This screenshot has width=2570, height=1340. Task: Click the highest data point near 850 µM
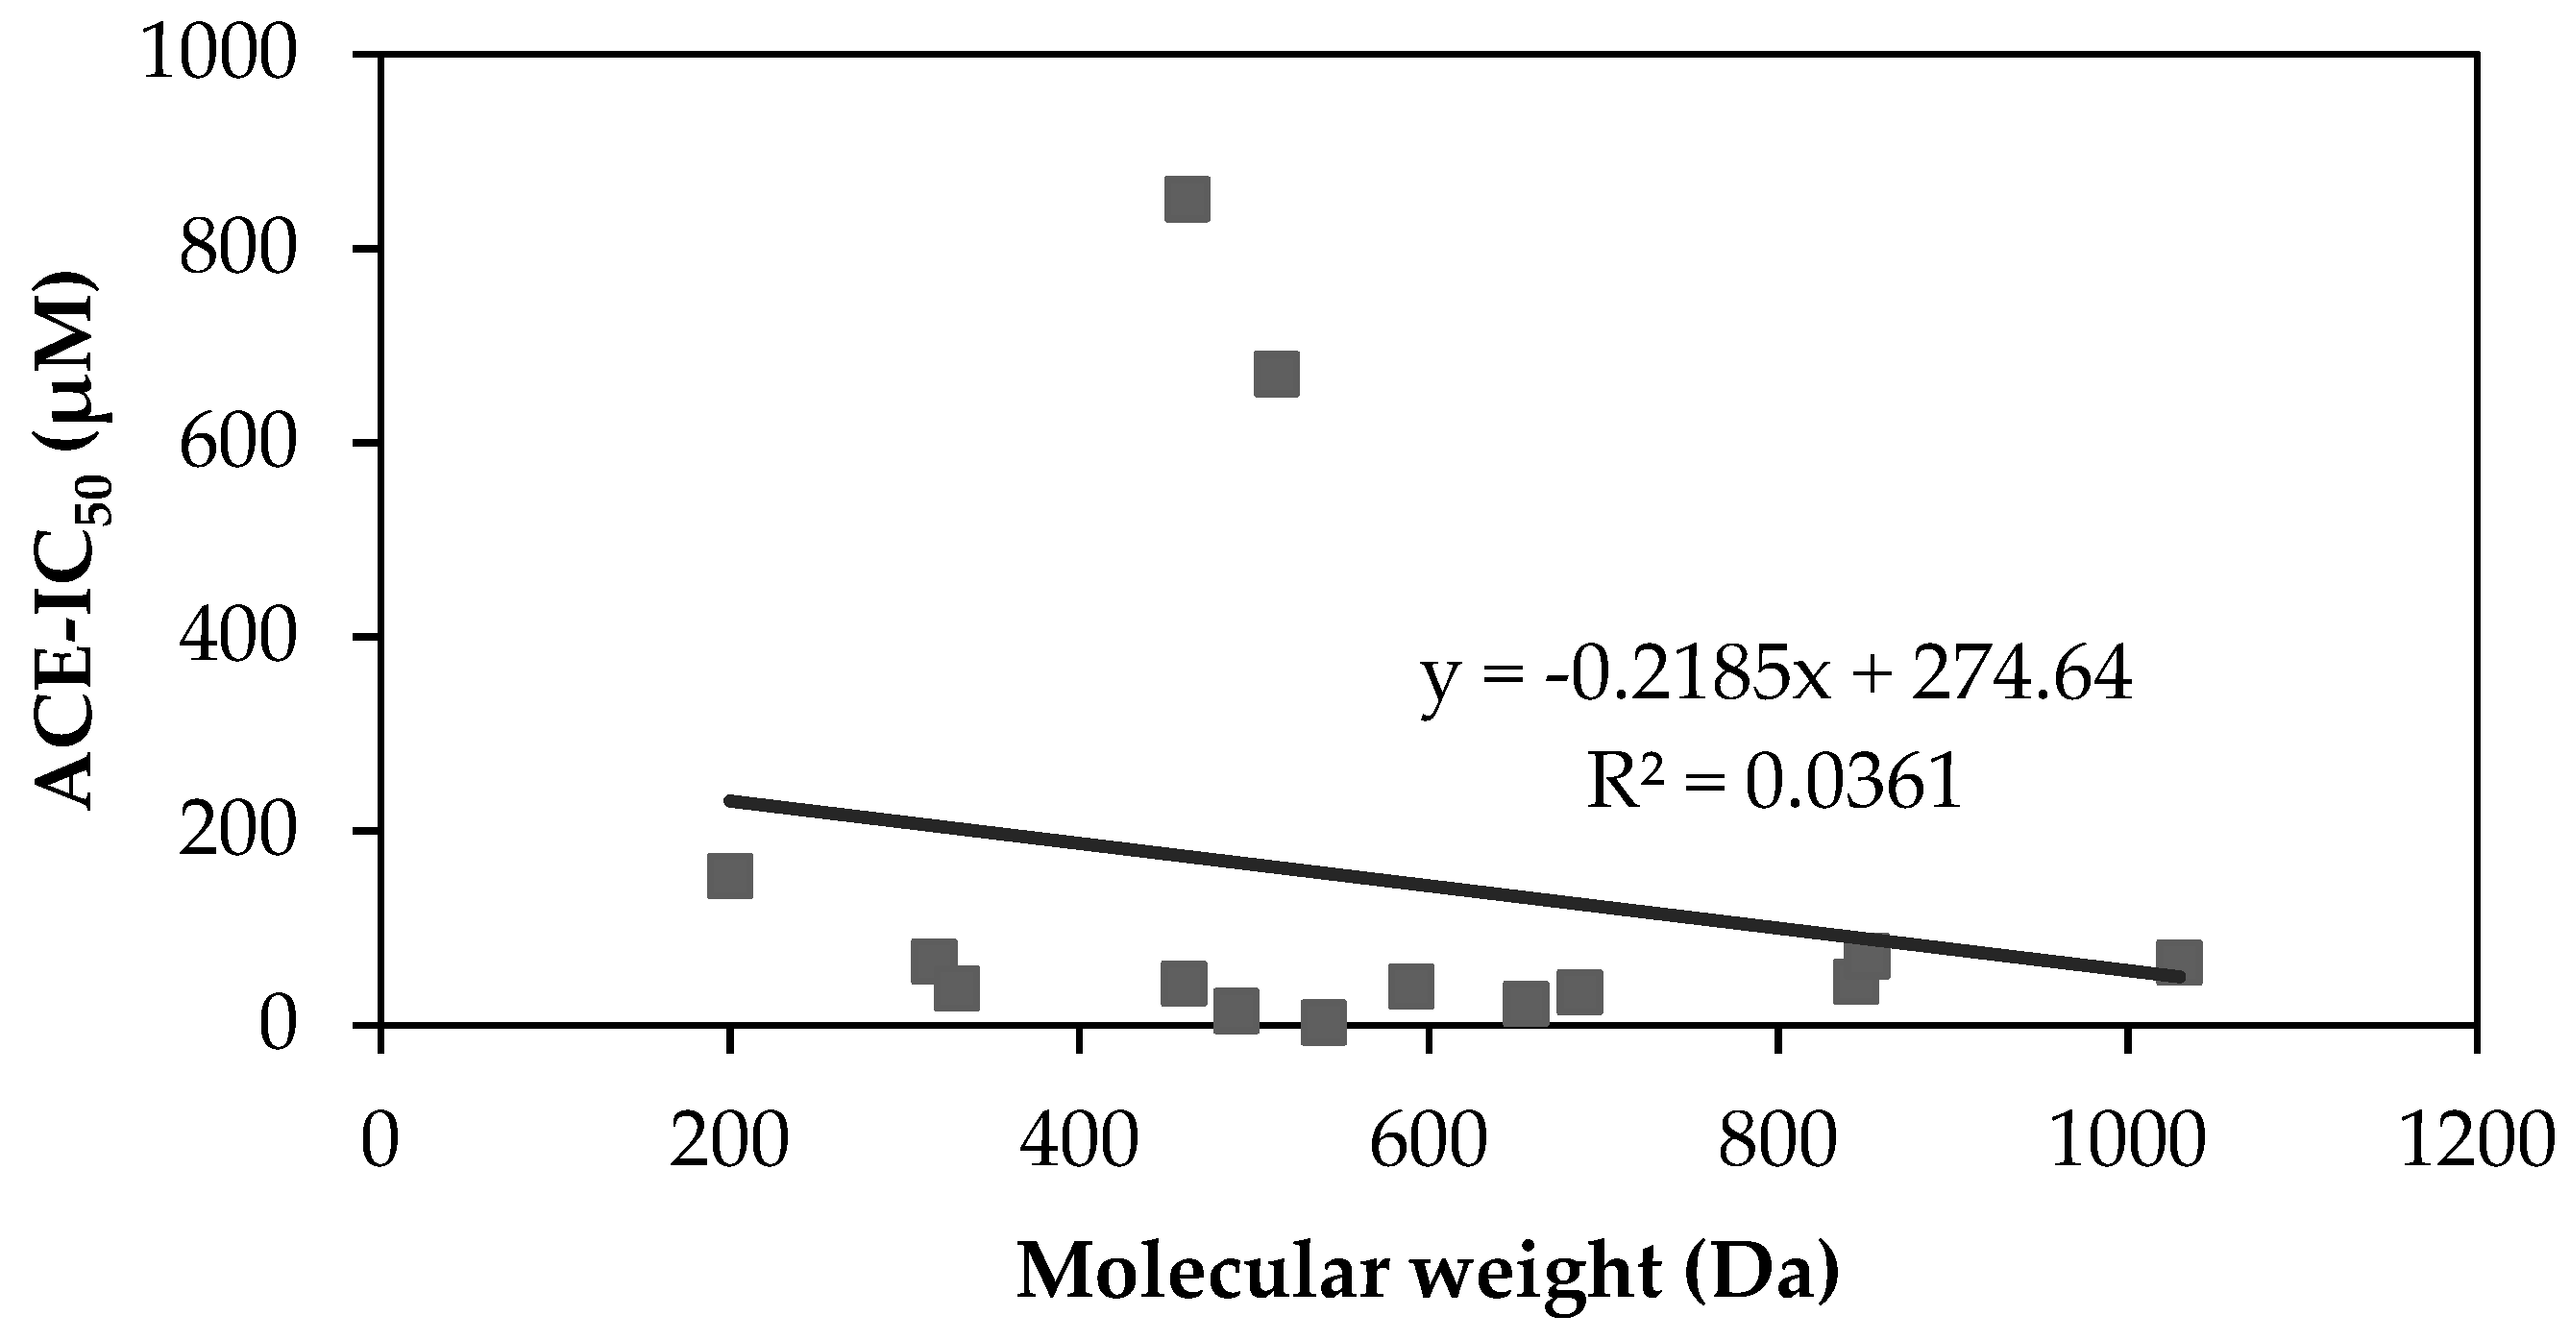(1187, 200)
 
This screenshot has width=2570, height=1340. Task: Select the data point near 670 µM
(1276, 375)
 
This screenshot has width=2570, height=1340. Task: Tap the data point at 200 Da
(729, 876)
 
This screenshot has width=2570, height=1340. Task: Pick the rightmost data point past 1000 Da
(2179, 962)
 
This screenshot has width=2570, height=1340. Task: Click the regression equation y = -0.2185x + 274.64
(1776, 674)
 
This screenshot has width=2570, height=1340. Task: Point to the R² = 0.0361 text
(1774, 780)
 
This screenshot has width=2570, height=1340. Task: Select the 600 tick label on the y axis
(238, 442)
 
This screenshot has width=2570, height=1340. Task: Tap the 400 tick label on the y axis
(238, 637)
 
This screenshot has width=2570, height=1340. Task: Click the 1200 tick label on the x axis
(2475, 1140)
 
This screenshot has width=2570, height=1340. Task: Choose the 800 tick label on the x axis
(1776, 1140)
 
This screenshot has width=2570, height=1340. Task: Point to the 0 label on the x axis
(380, 1140)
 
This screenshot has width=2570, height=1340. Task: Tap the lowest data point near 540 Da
(1323, 1022)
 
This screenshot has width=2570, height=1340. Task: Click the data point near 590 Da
(1410, 986)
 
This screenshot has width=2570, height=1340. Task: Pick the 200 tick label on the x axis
(729, 1140)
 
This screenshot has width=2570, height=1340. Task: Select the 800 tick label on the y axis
(238, 249)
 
